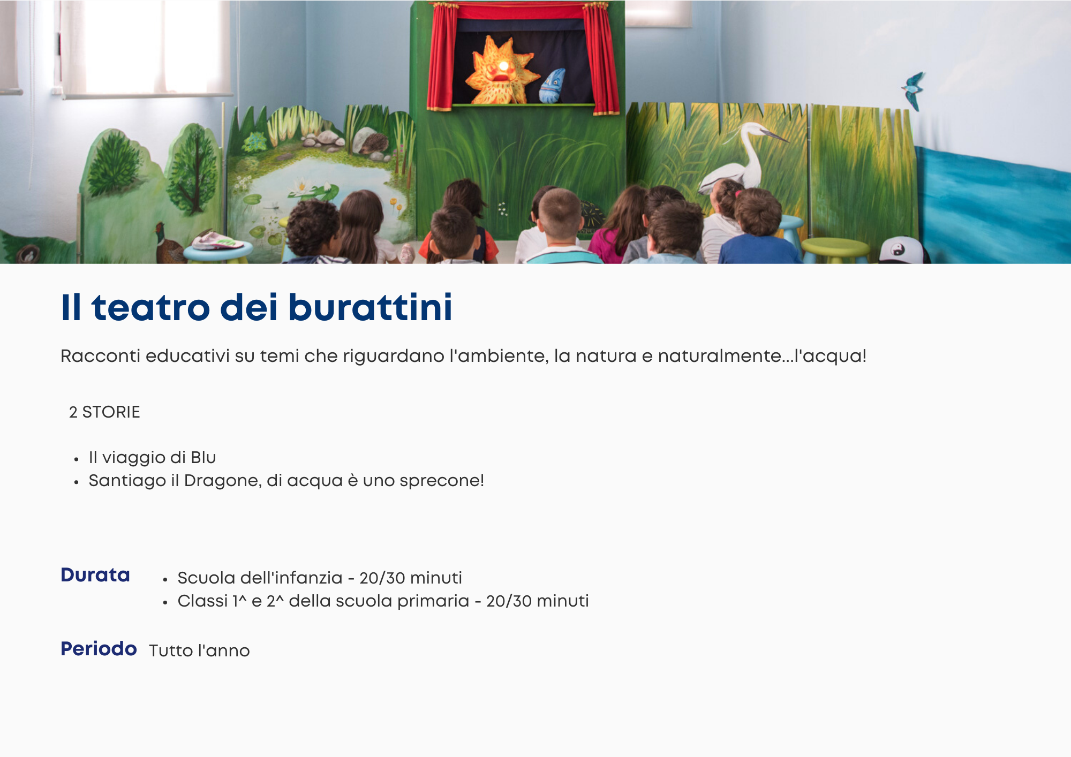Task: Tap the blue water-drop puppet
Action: click(x=553, y=86)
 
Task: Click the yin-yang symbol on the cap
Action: click(x=899, y=249)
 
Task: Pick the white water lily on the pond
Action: click(x=301, y=187)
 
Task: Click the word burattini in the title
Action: click(x=371, y=307)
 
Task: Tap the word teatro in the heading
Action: click(x=150, y=308)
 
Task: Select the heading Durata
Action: click(x=95, y=574)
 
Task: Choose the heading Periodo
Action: click(x=99, y=648)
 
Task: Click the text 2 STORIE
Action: click(x=104, y=412)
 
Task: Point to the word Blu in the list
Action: click(x=203, y=457)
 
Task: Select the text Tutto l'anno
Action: click(x=199, y=650)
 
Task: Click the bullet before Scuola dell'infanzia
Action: click(x=165, y=579)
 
